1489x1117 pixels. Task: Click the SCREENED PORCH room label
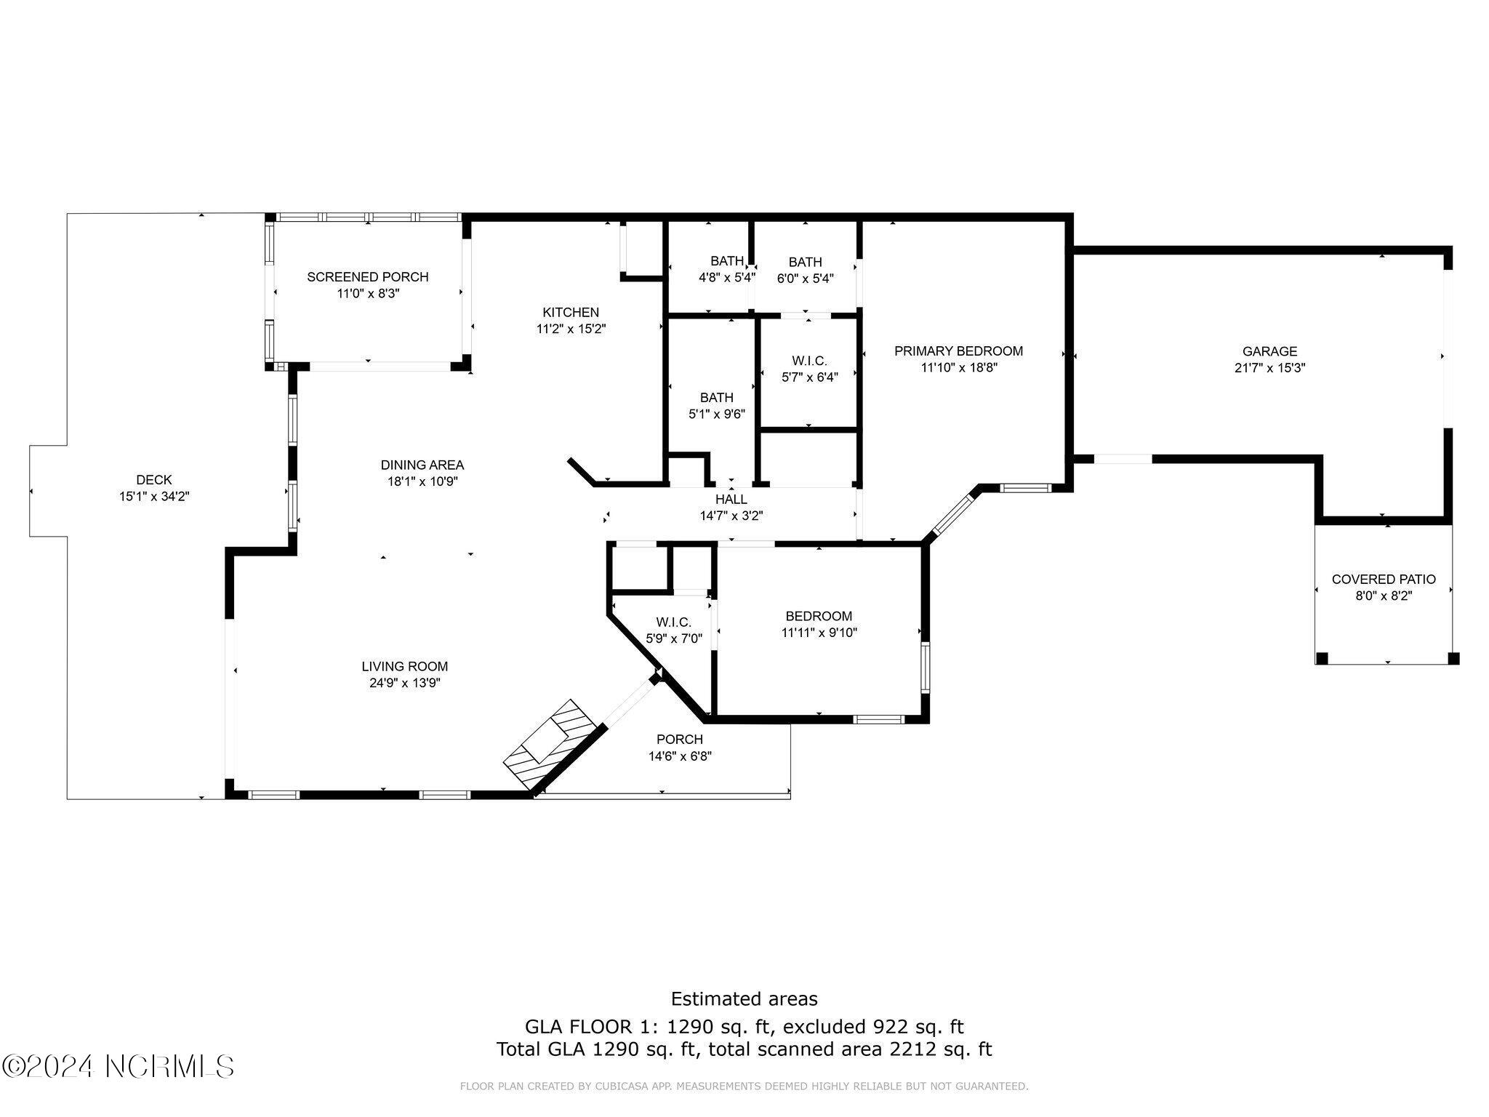(x=367, y=277)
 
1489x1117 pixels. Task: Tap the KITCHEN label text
(x=571, y=313)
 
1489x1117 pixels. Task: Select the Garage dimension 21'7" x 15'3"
(x=1269, y=368)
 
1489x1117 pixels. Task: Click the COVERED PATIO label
(x=1383, y=580)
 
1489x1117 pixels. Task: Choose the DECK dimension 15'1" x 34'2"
(x=154, y=497)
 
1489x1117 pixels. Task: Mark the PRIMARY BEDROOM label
(x=958, y=351)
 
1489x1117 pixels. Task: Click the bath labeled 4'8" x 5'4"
(x=726, y=269)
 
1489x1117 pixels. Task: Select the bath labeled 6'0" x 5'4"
(x=805, y=269)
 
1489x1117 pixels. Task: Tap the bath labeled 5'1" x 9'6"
(x=716, y=406)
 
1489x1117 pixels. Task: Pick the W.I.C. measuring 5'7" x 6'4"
(x=809, y=369)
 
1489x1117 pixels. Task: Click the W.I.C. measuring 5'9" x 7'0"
(x=673, y=630)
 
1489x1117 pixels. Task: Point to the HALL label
(x=731, y=500)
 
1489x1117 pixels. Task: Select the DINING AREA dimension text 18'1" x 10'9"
(x=422, y=481)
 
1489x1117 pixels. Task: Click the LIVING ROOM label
(x=405, y=666)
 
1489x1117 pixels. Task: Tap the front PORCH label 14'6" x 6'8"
(x=680, y=748)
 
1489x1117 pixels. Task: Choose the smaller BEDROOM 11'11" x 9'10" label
(x=819, y=624)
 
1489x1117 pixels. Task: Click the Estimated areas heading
(x=744, y=998)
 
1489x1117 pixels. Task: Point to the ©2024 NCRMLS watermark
(x=118, y=1066)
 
